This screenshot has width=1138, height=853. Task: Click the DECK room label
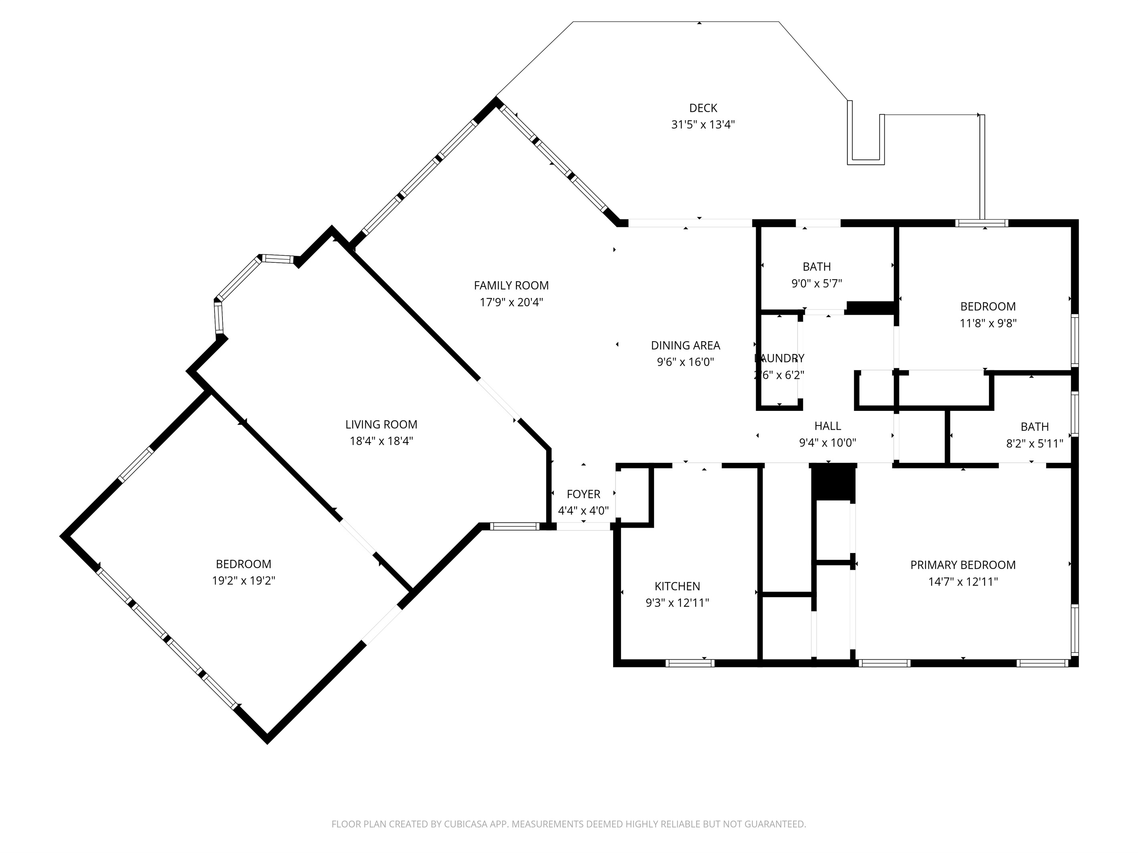(x=703, y=108)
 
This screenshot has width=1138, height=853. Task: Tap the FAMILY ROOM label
(x=511, y=286)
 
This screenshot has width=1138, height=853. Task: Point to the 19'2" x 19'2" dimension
(x=243, y=581)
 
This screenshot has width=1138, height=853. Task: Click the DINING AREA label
(x=685, y=346)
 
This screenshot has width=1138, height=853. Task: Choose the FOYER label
(x=583, y=494)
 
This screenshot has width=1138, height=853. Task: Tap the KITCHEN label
(x=677, y=586)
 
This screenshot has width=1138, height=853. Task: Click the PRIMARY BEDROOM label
(x=962, y=565)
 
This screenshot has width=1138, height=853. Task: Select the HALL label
(x=827, y=426)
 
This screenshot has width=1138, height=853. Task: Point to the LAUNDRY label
(x=779, y=358)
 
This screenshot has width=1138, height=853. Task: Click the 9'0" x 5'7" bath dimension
(x=817, y=283)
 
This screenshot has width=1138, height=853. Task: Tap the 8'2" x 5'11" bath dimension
(x=1034, y=443)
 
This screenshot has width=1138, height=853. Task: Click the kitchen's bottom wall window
(x=690, y=663)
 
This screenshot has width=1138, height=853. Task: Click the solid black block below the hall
(x=833, y=482)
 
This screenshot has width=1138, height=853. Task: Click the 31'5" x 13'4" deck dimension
(x=703, y=125)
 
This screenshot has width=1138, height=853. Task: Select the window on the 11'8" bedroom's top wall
(x=982, y=223)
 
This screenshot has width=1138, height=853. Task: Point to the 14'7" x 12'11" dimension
(x=962, y=581)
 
